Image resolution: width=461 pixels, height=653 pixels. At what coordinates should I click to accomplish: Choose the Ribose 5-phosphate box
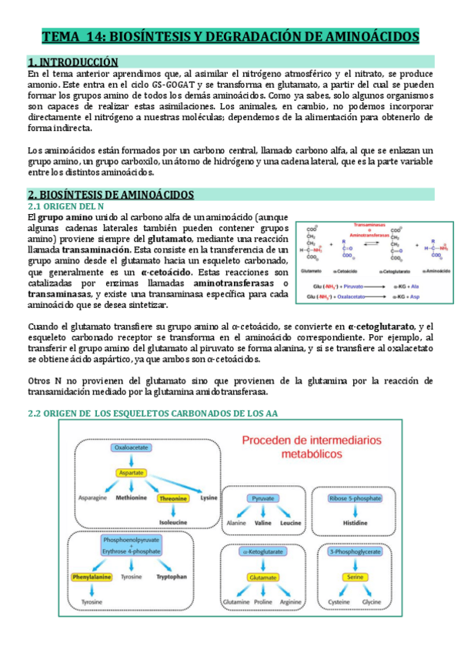pyautogui.click(x=354, y=498)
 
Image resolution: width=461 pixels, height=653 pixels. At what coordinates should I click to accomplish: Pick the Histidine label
pyautogui.click(x=354, y=522)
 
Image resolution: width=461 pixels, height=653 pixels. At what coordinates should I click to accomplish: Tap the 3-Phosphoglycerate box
pyautogui.click(x=354, y=552)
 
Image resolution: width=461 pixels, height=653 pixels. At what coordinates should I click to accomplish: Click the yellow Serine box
pyautogui.click(x=354, y=576)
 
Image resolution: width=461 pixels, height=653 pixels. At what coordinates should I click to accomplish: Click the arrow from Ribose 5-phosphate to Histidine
pyautogui.click(x=354, y=511)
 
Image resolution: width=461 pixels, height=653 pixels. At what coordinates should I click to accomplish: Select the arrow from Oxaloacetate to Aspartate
pyautogui.click(x=131, y=460)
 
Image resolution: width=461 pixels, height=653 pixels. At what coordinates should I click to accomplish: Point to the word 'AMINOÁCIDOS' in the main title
pyautogui.click(x=363, y=36)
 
